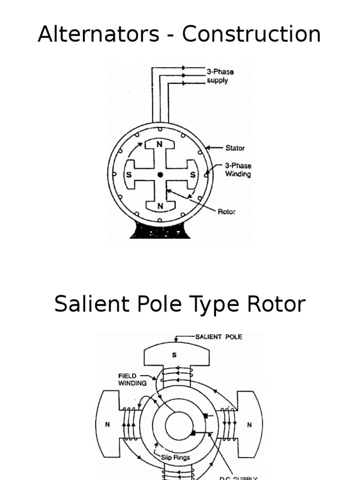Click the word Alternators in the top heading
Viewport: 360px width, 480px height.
(x=98, y=34)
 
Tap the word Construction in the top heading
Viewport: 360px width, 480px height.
(x=251, y=34)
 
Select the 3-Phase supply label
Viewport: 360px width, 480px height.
(x=220, y=76)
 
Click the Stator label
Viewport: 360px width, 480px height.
(x=235, y=148)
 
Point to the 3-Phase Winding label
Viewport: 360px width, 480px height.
(x=238, y=170)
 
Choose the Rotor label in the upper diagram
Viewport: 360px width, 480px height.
(x=226, y=211)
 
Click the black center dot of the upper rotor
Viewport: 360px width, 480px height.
(x=160, y=174)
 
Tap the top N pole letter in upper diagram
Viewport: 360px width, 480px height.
(x=160, y=144)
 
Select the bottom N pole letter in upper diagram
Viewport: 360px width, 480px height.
(x=160, y=205)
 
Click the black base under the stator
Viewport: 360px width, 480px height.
(x=160, y=231)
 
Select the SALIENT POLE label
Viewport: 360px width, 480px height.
(x=218, y=337)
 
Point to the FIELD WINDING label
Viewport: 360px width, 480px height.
(x=133, y=379)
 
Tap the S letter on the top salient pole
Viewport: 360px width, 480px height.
(x=174, y=355)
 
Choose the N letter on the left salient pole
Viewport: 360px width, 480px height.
(x=107, y=425)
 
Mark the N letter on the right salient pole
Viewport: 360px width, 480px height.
(x=249, y=425)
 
